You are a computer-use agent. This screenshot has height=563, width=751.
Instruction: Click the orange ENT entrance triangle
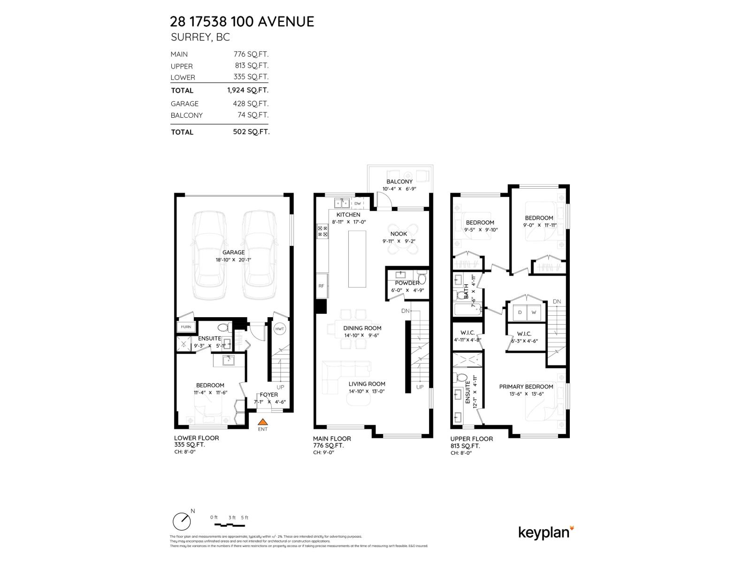(x=263, y=422)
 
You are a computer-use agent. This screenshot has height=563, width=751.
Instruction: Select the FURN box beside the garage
(x=185, y=327)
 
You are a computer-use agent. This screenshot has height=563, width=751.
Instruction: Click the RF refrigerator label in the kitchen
(x=322, y=286)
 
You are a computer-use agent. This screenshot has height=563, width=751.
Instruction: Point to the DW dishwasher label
(x=358, y=203)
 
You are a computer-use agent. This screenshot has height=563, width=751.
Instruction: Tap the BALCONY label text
(x=399, y=182)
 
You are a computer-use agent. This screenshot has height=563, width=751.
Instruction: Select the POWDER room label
(x=407, y=283)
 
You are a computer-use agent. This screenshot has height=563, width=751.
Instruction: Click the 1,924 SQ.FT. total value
(x=248, y=90)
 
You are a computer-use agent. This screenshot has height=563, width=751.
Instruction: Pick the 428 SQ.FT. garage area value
(x=251, y=104)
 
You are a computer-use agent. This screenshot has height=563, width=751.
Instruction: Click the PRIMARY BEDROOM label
(x=526, y=387)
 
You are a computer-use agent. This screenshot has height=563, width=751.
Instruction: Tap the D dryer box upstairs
(x=520, y=312)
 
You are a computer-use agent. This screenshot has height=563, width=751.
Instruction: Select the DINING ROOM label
(x=362, y=328)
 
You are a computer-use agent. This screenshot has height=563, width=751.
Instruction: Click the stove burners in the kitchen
(x=323, y=231)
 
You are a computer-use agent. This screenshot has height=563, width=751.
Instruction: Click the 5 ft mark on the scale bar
(x=245, y=517)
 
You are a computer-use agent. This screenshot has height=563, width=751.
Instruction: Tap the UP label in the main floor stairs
(x=420, y=387)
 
